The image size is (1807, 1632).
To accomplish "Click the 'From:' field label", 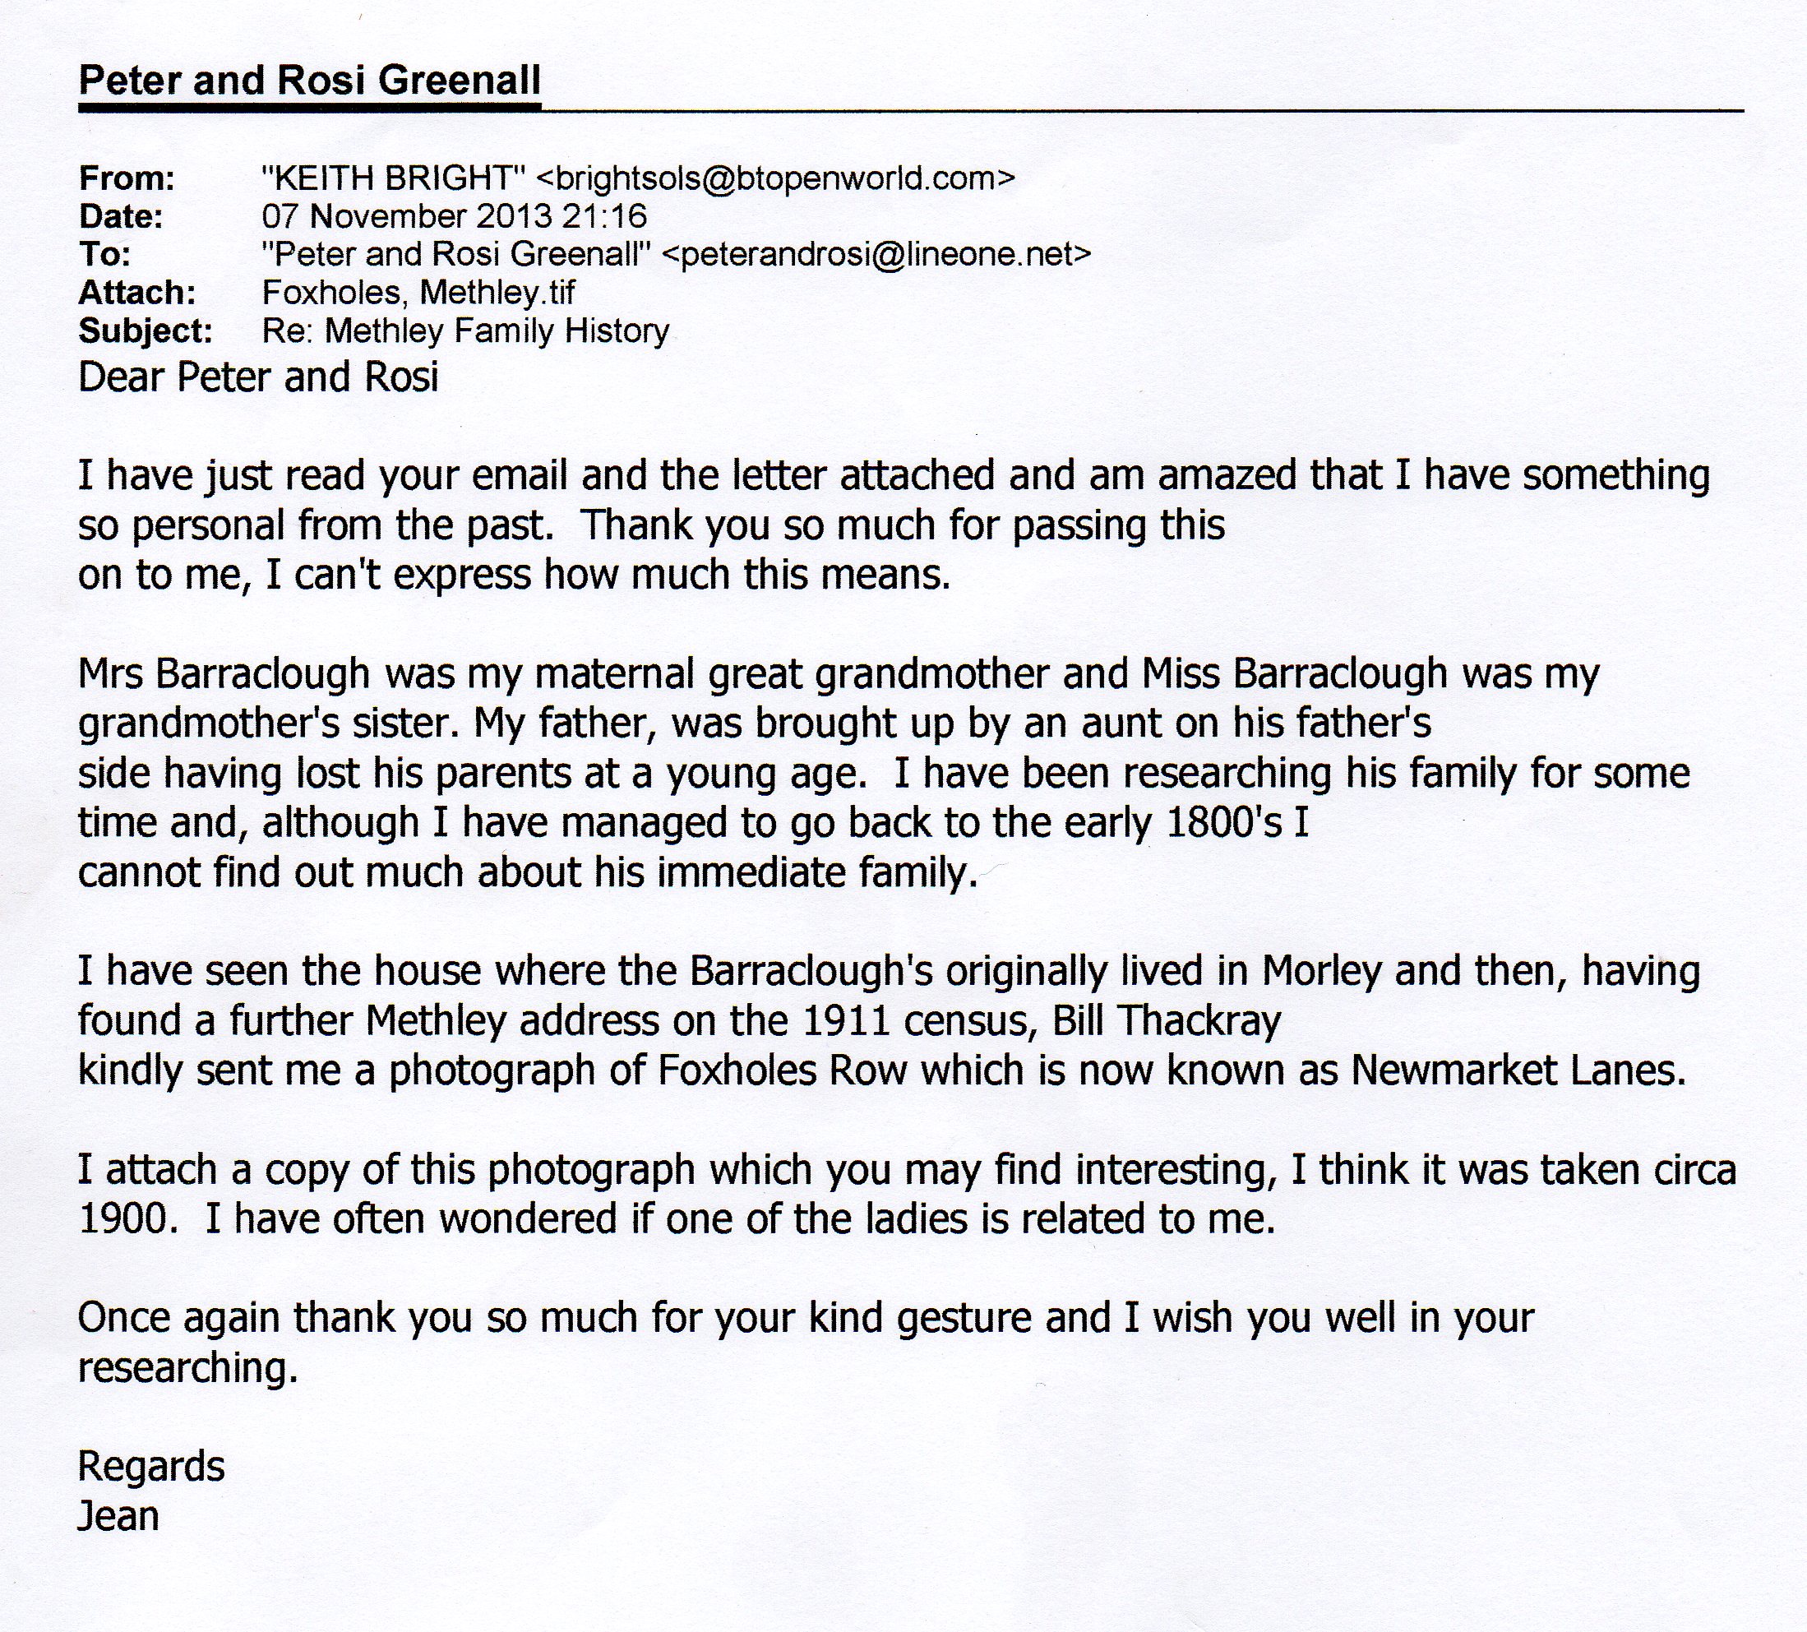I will coord(127,179).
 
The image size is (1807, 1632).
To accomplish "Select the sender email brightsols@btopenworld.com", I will coord(775,178).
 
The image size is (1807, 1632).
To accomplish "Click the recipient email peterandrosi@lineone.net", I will coord(876,255).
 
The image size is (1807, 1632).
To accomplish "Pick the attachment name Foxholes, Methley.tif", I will coord(418,292).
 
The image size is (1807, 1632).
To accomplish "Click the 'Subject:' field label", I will coord(146,331).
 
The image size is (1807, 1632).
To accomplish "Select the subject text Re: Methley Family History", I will coord(465,331).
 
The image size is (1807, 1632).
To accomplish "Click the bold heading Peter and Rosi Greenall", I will coord(309,81).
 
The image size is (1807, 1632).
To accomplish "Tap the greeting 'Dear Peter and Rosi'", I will coord(258,377).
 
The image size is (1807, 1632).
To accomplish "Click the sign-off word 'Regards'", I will coord(150,1467).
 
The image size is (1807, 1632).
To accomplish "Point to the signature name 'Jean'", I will coord(118,1516).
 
